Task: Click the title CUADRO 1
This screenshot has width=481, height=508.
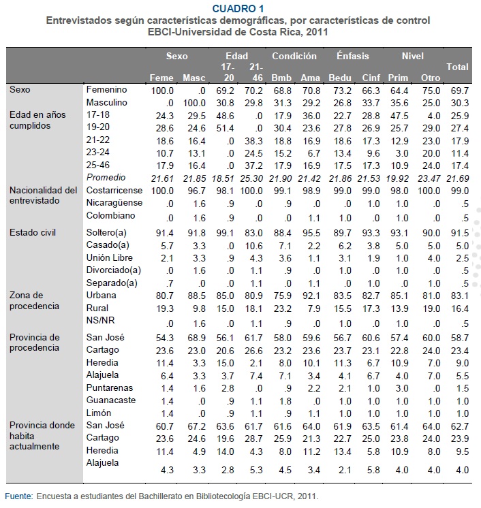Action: pos(238,8)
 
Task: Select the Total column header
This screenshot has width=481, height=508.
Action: pos(457,67)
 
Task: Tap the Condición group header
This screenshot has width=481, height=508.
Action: pos(294,56)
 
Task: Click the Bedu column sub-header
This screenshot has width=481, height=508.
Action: pos(340,78)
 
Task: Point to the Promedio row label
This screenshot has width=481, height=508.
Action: pos(106,178)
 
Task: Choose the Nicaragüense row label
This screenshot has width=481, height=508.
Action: pos(114,203)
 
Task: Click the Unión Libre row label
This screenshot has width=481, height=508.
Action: pos(109,258)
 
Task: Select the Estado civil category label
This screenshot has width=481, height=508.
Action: pos(33,233)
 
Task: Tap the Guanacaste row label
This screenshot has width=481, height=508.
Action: pos(110,400)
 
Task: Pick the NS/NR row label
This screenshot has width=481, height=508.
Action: pos(100,321)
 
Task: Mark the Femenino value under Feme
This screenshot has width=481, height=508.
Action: pos(162,91)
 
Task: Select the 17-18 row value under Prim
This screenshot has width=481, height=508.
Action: pos(399,116)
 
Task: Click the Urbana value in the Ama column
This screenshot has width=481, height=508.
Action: pos(311,296)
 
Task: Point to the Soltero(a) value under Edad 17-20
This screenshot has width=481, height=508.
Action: pos(225,233)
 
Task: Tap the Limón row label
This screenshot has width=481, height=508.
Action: pos(99,413)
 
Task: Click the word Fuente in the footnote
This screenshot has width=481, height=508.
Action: pos(19,496)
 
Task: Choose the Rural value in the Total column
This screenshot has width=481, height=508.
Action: pos(460,308)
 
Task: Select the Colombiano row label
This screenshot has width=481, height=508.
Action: pos(110,216)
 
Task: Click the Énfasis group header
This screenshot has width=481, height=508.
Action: pos(353,56)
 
